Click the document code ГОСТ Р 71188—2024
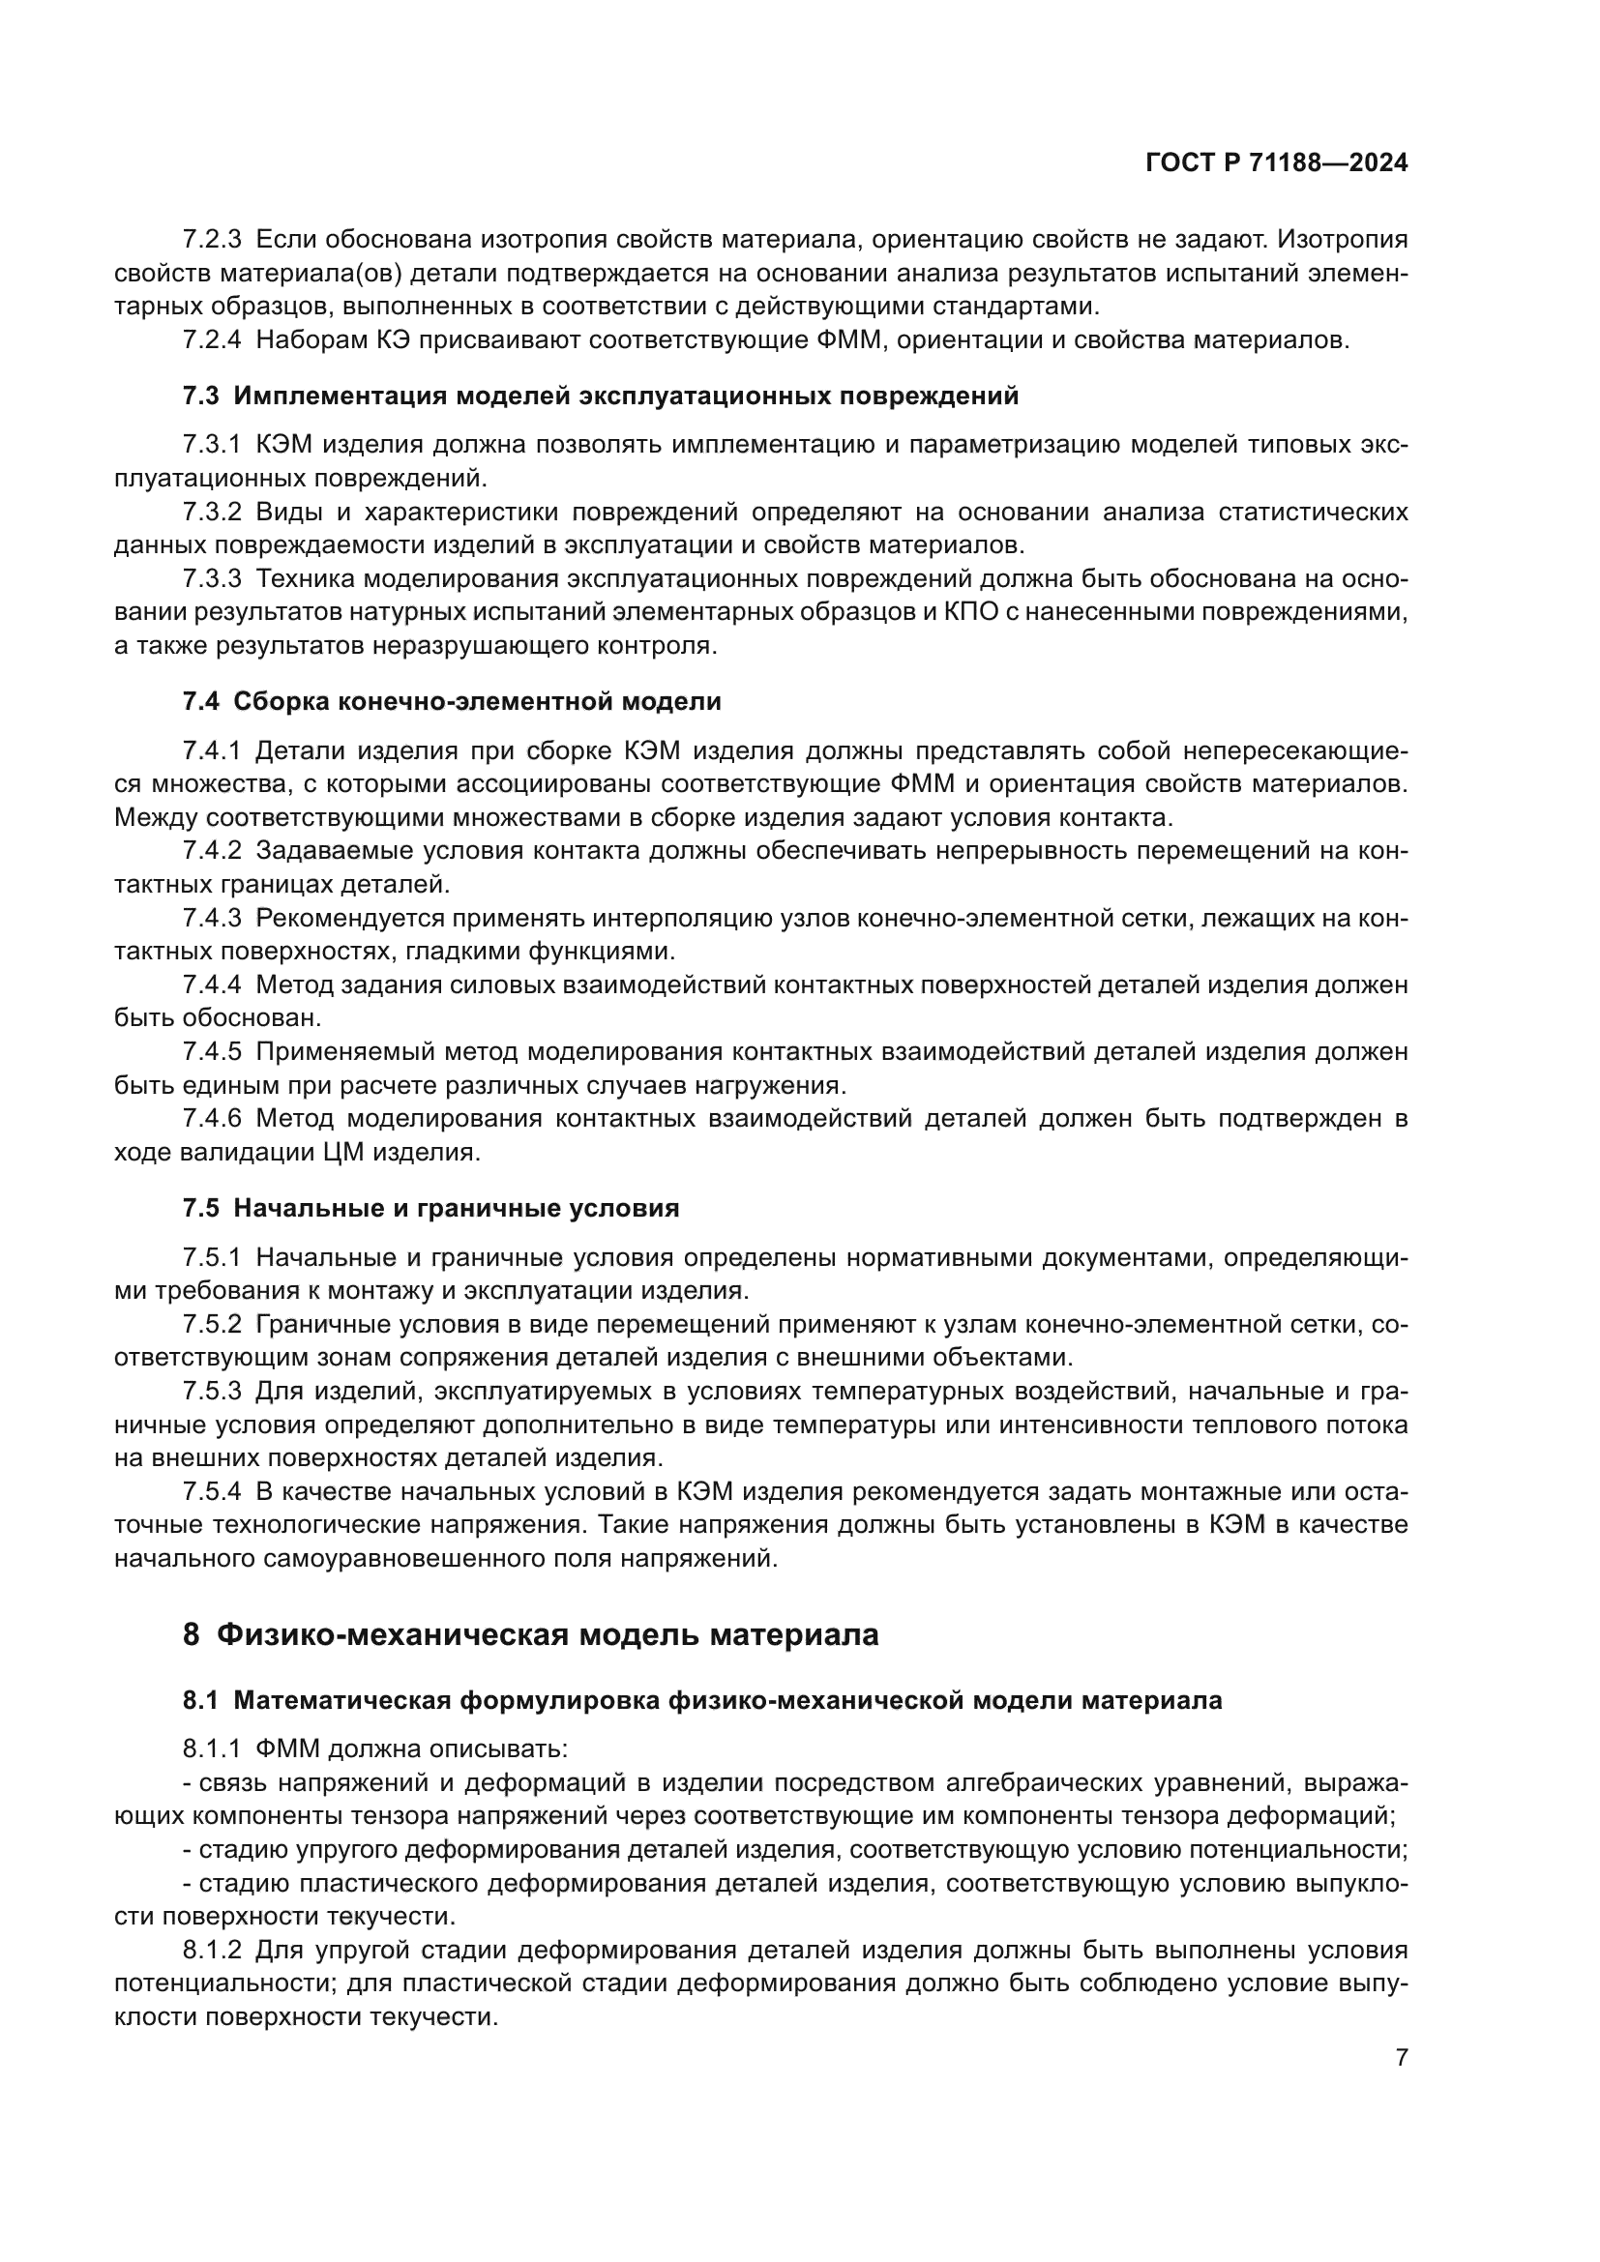(1276, 163)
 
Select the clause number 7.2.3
(212, 240)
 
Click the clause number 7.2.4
(212, 339)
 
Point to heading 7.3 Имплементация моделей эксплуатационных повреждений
(600, 397)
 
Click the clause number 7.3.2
(212, 513)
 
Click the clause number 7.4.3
(212, 918)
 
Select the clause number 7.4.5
(212, 1052)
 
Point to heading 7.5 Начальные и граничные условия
(430, 1208)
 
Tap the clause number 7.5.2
(212, 1325)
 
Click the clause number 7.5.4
(212, 1492)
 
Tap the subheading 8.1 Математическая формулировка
(701, 1700)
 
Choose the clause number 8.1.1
(212, 1749)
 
